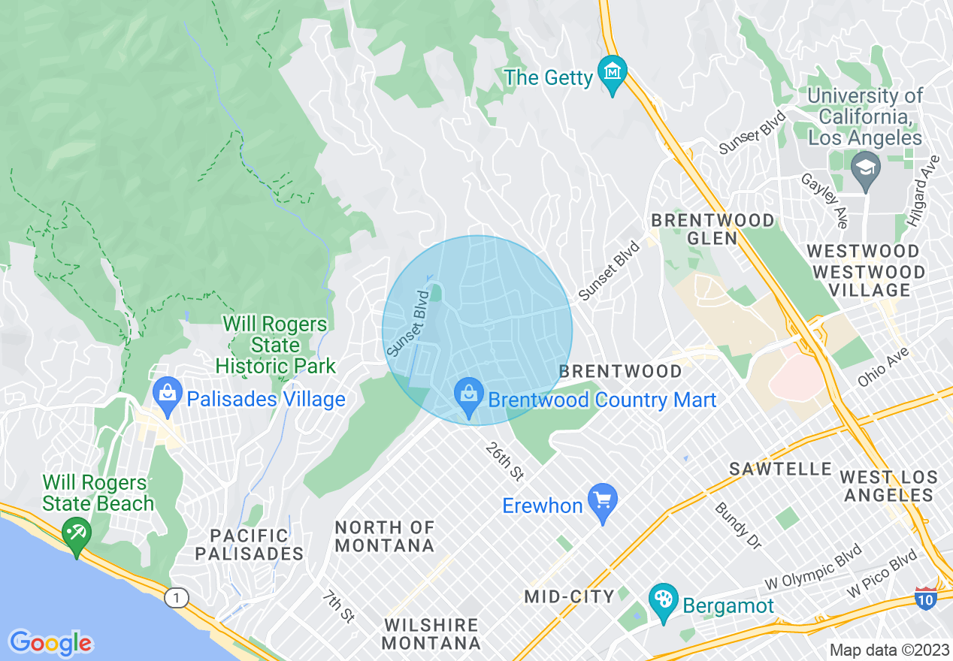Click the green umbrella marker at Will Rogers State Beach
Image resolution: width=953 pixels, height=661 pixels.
point(76,536)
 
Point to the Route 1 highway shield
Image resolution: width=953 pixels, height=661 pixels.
point(176,598)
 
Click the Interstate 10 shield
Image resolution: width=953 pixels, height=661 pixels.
point(925,596)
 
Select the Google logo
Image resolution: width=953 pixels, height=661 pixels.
point(50,643)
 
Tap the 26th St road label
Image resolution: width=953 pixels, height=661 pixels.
point(504,461)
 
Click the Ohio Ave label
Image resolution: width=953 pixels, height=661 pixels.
point(883,367)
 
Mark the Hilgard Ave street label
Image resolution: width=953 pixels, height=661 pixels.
point(923,192)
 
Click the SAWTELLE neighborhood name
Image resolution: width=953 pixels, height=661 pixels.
point(781,469)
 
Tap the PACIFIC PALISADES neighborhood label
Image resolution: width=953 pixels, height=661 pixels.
point(250,545)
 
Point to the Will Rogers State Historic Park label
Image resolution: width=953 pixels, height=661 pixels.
point(275,346)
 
